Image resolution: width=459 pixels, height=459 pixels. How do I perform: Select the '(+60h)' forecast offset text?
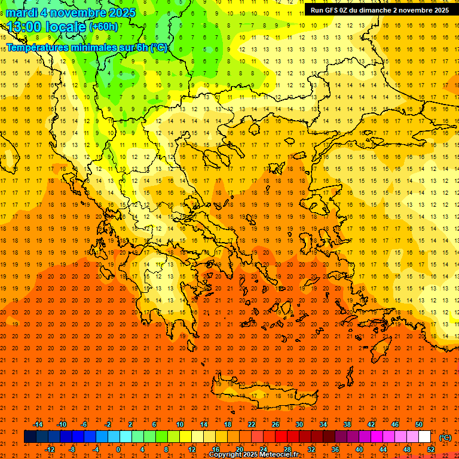click(x=103, y=27)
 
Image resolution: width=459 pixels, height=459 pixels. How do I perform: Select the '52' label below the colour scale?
click(x=431, y=449)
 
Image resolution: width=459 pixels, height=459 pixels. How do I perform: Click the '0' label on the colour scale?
click(x=118, y=449)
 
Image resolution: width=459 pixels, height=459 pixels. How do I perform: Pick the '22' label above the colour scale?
click(x=252, y=424)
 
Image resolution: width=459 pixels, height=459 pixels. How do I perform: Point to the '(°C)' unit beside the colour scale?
click(x=445, y=437)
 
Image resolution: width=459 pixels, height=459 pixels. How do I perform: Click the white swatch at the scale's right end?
click(x=424, y=437)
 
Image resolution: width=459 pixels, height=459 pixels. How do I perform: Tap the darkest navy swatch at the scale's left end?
click(x=30, y=437)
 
